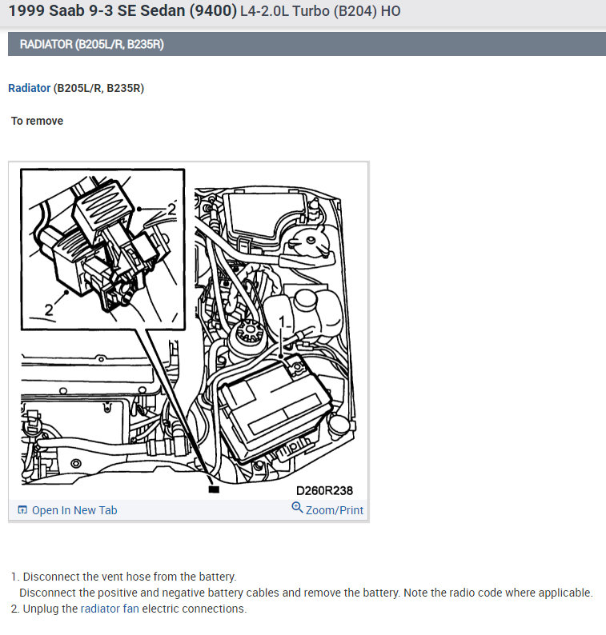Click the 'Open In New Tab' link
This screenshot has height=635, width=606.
(x=74, y=510)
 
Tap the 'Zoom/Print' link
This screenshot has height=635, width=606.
(x=334, y=510)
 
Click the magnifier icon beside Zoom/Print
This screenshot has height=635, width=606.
(x=298, y=509)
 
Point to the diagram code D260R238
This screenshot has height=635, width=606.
(x=324, y=490)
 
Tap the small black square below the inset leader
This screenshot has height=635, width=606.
(x=213, y=489)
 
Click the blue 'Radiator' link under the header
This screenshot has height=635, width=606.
(x=29, y=88)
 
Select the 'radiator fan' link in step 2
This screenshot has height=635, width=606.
(x=110, y=609)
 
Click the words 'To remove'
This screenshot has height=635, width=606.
(x=37, y=121)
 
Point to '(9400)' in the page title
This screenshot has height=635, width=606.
(x=212, y=12)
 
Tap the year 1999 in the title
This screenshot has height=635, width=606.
(x=25, y=12)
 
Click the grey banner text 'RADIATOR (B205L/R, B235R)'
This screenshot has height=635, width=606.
(x=91, y=44)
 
